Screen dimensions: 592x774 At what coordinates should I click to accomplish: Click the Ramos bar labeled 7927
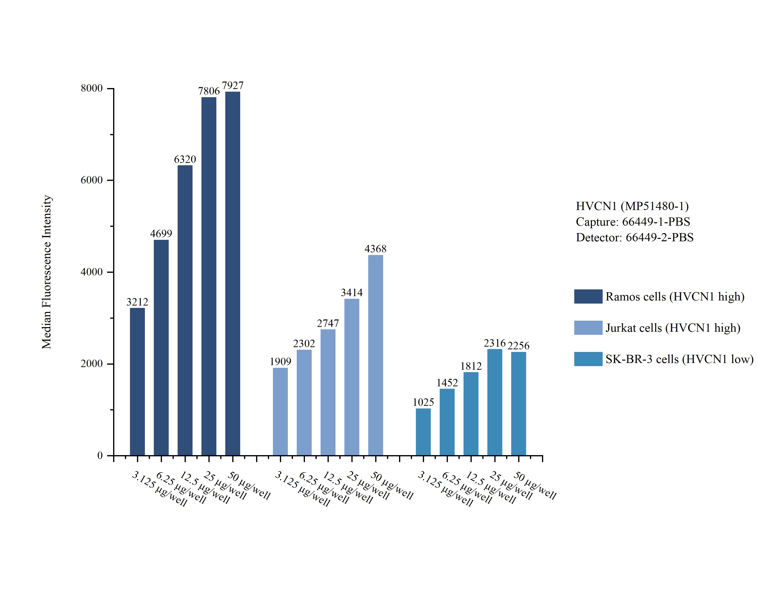233,274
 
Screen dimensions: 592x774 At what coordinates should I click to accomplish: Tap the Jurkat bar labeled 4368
375,355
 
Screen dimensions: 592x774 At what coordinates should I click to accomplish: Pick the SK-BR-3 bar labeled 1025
423,432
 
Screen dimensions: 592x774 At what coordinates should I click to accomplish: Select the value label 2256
518,346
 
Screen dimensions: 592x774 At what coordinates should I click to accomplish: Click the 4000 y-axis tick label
92,272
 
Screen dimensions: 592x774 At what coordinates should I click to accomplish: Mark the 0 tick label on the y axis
100,456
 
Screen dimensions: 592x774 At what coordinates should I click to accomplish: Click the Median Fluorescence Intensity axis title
47,272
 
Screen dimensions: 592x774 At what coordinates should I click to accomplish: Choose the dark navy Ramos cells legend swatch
588,296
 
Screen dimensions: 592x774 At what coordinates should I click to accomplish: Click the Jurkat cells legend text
672,328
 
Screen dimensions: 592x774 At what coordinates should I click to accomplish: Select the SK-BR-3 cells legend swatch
588,359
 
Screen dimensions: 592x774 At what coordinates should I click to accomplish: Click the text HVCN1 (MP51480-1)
632,206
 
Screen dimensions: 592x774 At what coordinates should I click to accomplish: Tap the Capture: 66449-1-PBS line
633,222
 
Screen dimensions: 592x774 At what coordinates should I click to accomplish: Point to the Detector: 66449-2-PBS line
634,237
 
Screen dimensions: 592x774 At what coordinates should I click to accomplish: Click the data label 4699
161,234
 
